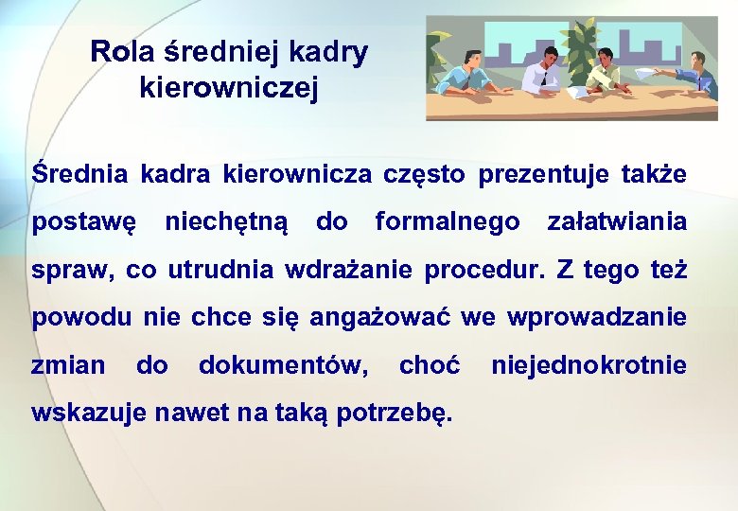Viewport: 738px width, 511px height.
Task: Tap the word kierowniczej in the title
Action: click(x=228, y=88)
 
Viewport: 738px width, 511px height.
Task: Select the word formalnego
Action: click(x=448, y=222)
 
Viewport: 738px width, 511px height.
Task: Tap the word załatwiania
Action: click(x=617, y=222)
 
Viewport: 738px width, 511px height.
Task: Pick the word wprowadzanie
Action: click(x=597, y=316)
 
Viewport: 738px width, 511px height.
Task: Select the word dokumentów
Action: click(x=284, y=363)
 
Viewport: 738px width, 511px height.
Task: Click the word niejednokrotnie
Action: click(x=589, y=363)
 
